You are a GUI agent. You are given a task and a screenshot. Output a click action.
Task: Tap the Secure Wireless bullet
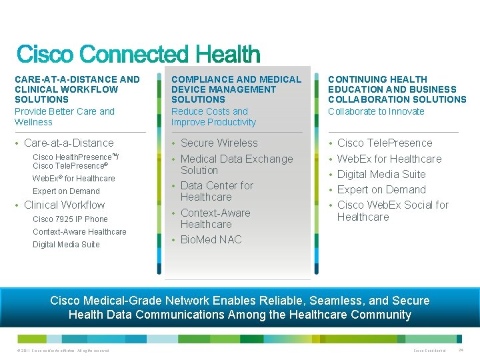(219, 143)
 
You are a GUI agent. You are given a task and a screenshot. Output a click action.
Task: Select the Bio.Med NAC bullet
(211, 239)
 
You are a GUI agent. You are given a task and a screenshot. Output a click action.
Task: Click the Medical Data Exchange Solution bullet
(236, 164)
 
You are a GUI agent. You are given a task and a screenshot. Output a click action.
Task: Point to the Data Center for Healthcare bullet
(217, 191)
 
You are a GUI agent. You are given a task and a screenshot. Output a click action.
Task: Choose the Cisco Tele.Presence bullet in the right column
(385, 143)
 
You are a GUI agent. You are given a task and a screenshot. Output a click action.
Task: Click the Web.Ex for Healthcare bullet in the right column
(389, 159)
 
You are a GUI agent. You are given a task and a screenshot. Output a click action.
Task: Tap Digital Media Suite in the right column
(381, 174)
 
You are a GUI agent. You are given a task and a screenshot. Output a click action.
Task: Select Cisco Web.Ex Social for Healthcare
(393, 211)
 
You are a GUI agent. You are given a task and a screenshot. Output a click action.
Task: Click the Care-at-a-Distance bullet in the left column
(69, 143)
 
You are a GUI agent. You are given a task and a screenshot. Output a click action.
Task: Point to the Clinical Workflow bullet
(64, 205)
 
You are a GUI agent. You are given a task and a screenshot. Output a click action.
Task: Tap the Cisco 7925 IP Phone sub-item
(70, 219)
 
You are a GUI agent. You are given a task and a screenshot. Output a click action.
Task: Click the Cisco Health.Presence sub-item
(75, 161)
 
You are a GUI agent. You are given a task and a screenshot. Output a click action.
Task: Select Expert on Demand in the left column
(66, 191)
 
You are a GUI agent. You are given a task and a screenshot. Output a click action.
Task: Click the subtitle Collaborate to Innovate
(376, 111)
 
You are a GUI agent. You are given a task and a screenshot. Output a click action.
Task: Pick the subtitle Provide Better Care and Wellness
(65, 117)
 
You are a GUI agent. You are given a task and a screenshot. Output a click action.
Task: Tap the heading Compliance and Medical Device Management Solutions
(236, 89)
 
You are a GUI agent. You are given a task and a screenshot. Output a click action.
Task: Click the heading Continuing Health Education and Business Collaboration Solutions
(397, 89)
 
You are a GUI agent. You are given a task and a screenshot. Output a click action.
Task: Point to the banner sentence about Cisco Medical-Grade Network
(240, 307)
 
